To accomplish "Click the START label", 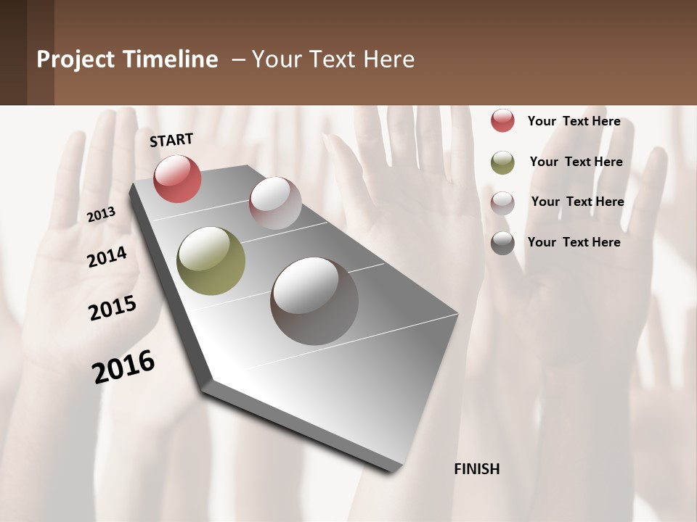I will (x=171, y=140).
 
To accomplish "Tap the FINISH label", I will (x=476, y=469).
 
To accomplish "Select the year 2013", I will (x=102, y=215).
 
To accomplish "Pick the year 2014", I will (x=107, y=257).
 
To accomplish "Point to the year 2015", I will (x=113, y=308).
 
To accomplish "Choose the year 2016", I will (x=123, y=366).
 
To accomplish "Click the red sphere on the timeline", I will (x=177, y=178).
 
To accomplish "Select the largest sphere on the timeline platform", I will (x=314, y=301).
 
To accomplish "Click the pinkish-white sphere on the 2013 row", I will (x=275, y=203).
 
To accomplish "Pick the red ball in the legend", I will (x=502, y=120).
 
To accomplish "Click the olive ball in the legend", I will (x=502, y=162).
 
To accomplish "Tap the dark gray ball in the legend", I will (x=502, y=243).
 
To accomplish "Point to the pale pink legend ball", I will (x=502, y=203).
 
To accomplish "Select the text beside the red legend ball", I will (x=574, y=121).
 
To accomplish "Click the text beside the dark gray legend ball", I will (x=574, y=242).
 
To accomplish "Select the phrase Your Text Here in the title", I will (x=333, y=59).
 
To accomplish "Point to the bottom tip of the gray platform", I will (x=392, y=469).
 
